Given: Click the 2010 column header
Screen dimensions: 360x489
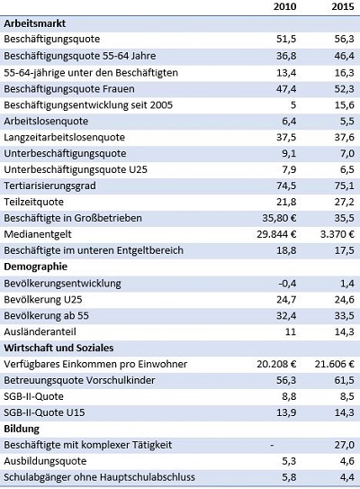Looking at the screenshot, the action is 285,6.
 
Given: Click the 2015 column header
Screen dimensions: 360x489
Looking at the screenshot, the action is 343,6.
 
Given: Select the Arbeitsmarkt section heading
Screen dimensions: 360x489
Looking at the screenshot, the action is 34,23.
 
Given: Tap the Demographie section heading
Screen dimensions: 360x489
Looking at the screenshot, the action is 35,267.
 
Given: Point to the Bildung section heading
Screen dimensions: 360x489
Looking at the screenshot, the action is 22,429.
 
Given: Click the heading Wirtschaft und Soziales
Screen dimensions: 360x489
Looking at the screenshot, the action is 58,348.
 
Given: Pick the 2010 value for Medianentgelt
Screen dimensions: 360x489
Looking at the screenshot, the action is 276,234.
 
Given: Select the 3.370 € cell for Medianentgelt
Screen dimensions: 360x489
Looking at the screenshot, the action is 337,234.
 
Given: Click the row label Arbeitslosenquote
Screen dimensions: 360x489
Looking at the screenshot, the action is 46,122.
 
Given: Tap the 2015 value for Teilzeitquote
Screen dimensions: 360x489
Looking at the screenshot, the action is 345,202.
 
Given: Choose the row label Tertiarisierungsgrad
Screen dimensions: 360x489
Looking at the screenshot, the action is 49,186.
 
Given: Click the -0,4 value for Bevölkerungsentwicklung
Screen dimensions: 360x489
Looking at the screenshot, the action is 287,283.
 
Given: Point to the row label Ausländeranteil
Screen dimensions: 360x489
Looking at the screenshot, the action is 40,331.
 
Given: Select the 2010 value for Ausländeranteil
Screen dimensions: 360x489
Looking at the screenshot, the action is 291,331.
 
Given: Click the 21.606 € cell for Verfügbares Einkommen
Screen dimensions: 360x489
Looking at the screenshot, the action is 335,364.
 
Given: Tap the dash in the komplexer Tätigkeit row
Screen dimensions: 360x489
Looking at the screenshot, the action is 272,445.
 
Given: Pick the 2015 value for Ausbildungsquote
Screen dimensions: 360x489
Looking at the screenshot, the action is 347,461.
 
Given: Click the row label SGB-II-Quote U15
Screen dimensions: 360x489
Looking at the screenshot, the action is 44,412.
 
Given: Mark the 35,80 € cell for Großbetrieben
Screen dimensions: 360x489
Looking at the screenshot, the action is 279,218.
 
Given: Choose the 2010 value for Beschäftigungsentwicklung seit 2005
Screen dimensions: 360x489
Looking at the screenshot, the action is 293,105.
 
